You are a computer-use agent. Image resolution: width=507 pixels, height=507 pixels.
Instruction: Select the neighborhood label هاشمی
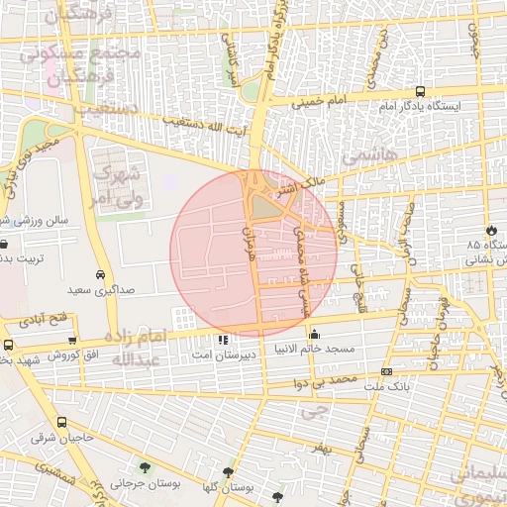pyautogui.click(x=367, y=157)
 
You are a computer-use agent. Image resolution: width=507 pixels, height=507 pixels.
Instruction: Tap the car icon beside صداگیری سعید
pyautogui.click(x=101, y=275)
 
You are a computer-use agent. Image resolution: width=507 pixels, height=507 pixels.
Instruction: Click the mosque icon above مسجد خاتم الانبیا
pyautogui.click(x=315, y=334)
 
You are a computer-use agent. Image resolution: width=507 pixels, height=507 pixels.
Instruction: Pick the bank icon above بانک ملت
pyautogui.click(x=385, y=371)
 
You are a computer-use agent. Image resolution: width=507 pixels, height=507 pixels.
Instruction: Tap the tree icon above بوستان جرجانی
pyautogui.click(x=146, y=467)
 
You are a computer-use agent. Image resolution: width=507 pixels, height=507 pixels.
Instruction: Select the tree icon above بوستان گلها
pyautogui.click(x=229, y=473)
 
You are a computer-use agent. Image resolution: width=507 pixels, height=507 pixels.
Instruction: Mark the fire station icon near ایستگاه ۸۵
pyautogui.click(x=489, y=231)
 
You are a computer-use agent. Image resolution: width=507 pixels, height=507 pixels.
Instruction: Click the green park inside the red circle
pyautogui.click(x=261, y=206)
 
